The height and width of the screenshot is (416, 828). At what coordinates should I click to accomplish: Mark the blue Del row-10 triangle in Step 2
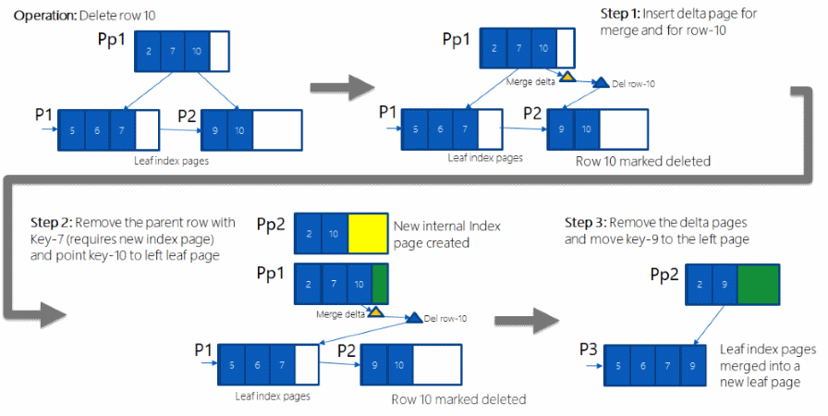pyautogui.click(x=414, y=317)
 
